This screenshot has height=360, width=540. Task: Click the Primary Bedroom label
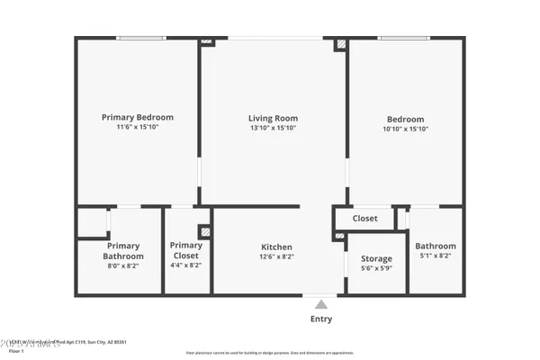click(138, 117)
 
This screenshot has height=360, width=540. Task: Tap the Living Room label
click(273, 118)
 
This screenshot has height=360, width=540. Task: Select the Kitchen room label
click(276, 247)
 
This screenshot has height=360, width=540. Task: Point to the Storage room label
click(376, 259)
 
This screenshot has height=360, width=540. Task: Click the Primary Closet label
click(186, 250)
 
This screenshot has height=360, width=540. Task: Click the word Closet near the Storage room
click(364, 219)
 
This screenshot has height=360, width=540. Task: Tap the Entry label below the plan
click(321, 319)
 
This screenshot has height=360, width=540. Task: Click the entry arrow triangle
click(321, 304)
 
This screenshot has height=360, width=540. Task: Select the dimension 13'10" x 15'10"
click(273, 128)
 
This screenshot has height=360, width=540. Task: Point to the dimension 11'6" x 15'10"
click(138, 127)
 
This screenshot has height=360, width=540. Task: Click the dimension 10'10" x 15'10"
click(406, 129)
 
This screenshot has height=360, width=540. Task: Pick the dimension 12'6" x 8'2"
click(276, 257)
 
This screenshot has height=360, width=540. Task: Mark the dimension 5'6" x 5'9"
click(376, 268)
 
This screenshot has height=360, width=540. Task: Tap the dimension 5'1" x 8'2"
click(436, 256)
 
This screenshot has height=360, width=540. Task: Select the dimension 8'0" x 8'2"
click(122, 266)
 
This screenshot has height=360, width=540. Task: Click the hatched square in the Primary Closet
click(205, 231)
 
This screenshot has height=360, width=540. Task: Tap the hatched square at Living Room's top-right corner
click(341, 43)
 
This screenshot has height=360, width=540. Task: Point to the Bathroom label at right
click(436, 247)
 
